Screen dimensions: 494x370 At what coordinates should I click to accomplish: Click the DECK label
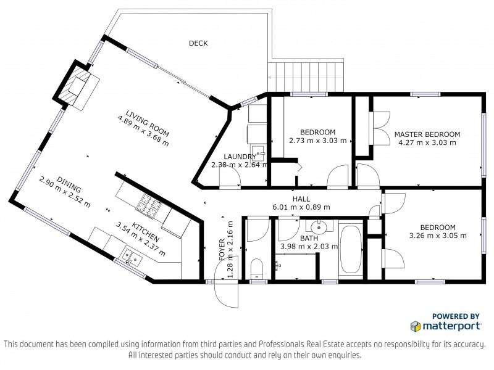198,43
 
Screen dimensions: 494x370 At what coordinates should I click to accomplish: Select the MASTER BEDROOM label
427,134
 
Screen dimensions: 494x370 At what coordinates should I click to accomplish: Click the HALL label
301,199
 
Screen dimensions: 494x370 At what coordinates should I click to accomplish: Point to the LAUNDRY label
240,157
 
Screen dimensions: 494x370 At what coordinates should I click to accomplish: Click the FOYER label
222,250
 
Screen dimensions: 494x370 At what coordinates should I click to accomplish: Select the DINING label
69,184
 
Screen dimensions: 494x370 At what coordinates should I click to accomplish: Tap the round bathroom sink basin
319,226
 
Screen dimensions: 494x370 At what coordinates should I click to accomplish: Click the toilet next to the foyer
256,269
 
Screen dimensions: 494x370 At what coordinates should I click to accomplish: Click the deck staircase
305,76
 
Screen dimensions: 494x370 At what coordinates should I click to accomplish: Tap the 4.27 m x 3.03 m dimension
427,142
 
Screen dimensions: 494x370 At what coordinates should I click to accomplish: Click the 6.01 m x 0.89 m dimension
301,207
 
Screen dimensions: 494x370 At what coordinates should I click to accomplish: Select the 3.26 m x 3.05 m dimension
438,236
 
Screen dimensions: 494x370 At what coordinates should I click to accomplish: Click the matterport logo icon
416,326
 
